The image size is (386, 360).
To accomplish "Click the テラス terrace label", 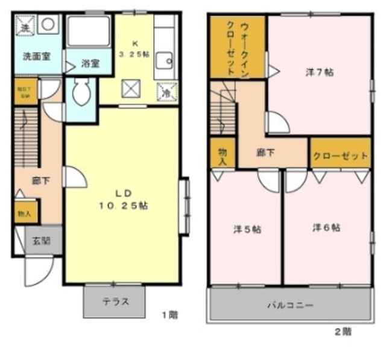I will tap(114, 302).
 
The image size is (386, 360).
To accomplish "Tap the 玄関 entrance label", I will tap(41, 241).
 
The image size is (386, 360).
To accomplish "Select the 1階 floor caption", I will tap(169, 314).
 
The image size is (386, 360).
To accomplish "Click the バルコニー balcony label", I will tap(290, 305).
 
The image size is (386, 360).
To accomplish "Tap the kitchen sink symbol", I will tap(163, 60).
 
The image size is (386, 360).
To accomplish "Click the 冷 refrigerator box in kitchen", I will tap(165, 92).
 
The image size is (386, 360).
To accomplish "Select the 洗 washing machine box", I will tap(25, 27).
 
